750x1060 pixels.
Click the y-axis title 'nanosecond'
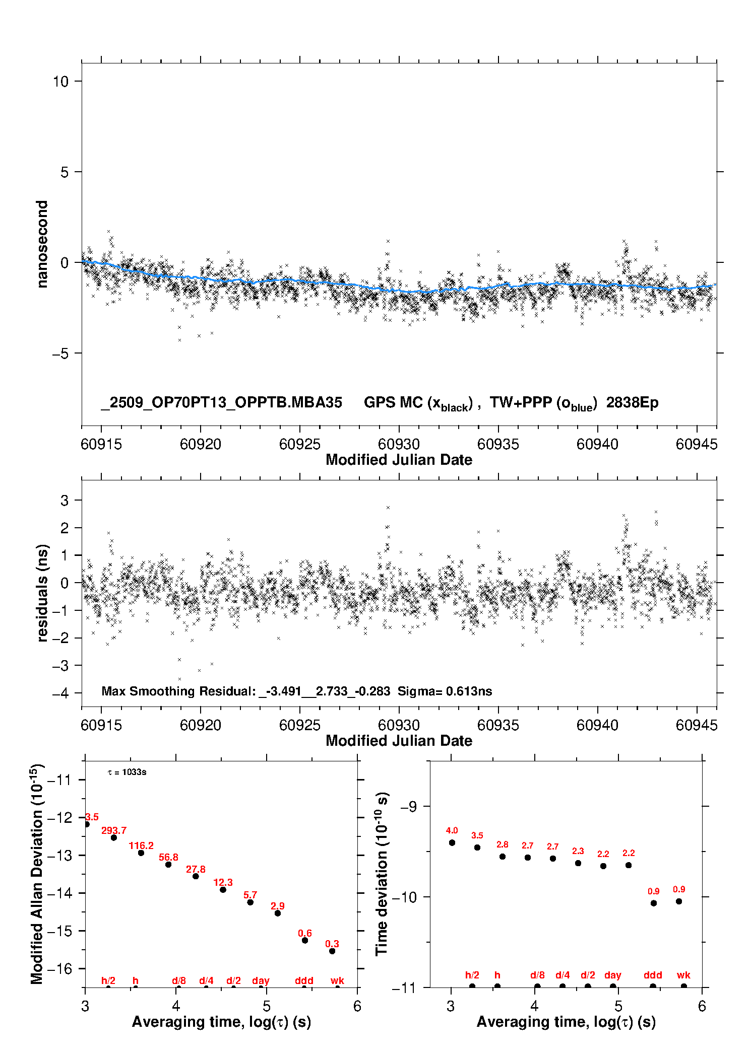click(x=42, y=244)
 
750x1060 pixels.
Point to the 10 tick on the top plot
click(x=60, y=81)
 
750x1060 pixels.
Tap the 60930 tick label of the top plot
click(x=399, y=444)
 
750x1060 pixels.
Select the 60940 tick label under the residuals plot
click(x=597, y=725)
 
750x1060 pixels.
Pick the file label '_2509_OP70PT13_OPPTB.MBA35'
click(x=222, y=403)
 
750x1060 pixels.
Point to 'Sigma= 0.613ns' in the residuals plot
click(x=445, y=691)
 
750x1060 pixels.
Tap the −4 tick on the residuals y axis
click(x=60, y=693)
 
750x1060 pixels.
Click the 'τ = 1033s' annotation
click(x=127, y=772)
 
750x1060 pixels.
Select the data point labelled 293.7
click(x=114, y=837)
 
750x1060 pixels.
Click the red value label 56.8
click(x=168, y=857)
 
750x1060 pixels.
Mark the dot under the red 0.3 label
click(x=332, y=951)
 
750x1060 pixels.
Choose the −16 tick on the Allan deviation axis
click(x=59, y=968)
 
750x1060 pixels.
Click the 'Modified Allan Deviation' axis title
click(x=37, y=874)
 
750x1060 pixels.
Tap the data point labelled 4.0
click(x=452, y=842)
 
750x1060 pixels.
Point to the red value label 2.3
click(x=578, y=851)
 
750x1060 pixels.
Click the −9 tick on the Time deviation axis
click(x=408, y=806)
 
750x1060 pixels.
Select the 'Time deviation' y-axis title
click(x=382, y=874)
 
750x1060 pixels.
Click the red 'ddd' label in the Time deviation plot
click(x=653, y=975)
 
